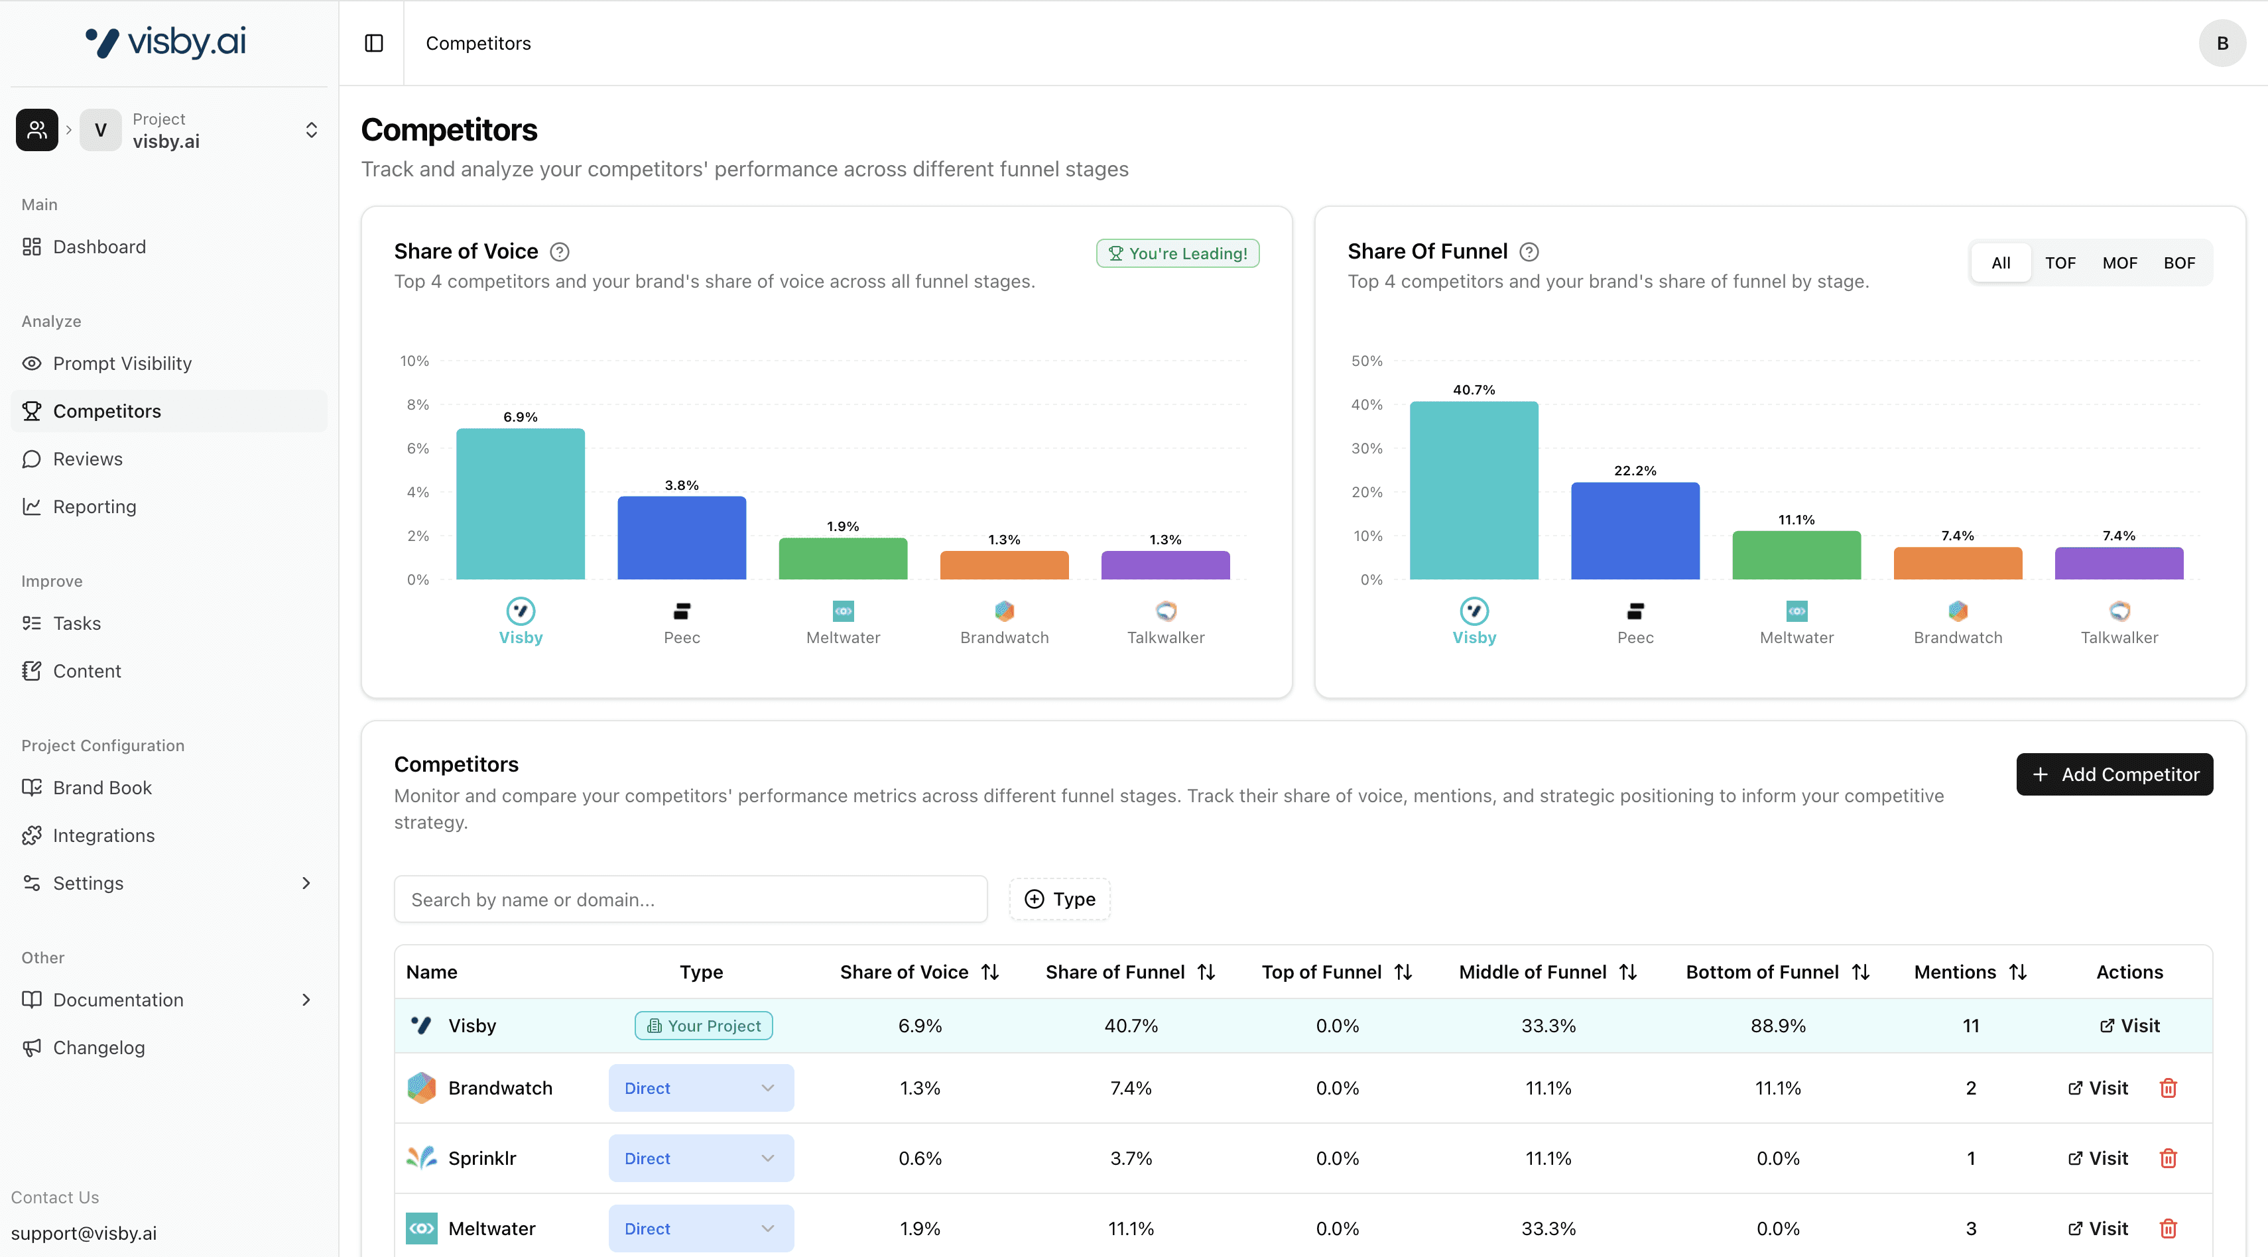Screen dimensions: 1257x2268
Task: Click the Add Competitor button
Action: point(2114,774)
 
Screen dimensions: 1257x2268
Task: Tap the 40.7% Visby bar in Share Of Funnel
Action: point(1473,491)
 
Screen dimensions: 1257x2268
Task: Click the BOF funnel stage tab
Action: point(2178,263)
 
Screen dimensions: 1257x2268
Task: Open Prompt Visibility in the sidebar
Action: point(121,363)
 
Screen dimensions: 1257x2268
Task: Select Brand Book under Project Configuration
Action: point(102,788)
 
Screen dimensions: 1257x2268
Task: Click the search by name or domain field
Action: point(690,899)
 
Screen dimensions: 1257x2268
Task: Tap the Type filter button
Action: point(1059,899)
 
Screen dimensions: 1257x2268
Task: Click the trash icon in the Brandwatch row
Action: point(2168,1088)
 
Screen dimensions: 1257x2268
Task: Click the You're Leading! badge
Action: point(1177,253)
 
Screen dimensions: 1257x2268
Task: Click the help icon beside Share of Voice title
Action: point(559,253)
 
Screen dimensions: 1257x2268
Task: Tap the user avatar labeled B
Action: point(2222,43)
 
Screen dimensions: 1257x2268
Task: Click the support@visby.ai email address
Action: point(84,1232)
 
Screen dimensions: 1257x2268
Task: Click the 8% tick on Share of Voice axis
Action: point(417,405)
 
